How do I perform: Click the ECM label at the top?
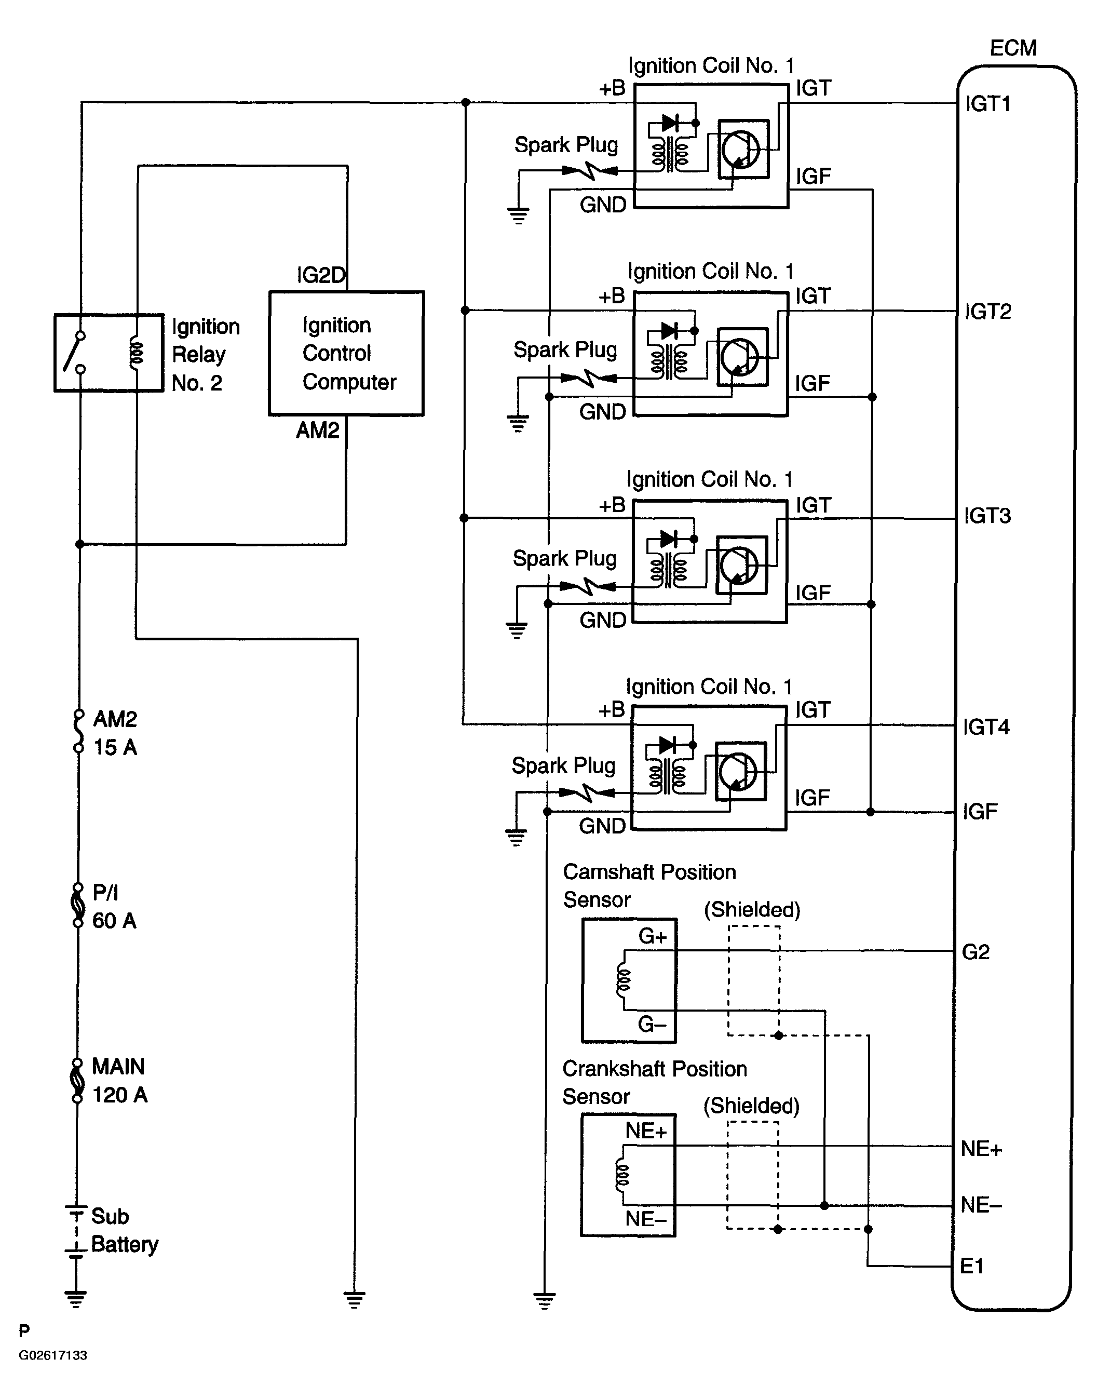tap(1013, 48)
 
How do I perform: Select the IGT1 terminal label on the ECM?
tap(988, 104)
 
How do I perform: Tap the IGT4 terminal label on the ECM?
tap(986, 727)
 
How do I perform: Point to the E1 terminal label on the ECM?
tap(972, 1266)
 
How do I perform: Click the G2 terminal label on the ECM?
tap(976, 952)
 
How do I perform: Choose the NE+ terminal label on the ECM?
tap(981, 1149)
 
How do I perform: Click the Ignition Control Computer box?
tap(346, 353)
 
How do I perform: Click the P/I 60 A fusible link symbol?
tap(78, 905)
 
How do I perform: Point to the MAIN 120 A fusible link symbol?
tap(77, 1080)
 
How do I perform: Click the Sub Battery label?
tap(124, 1230)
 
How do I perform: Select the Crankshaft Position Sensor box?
tap(628, 1175)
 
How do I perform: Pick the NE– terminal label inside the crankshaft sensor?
tap(646, 1218)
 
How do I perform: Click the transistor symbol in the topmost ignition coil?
tap(741, 149)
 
